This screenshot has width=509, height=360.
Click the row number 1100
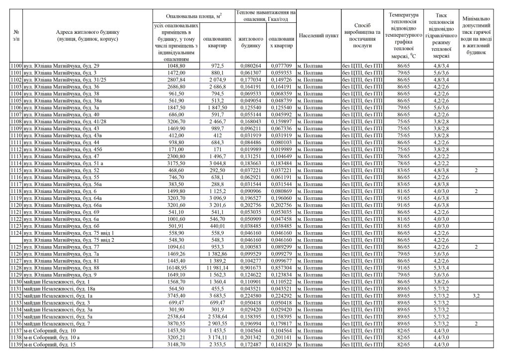point(16,66)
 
